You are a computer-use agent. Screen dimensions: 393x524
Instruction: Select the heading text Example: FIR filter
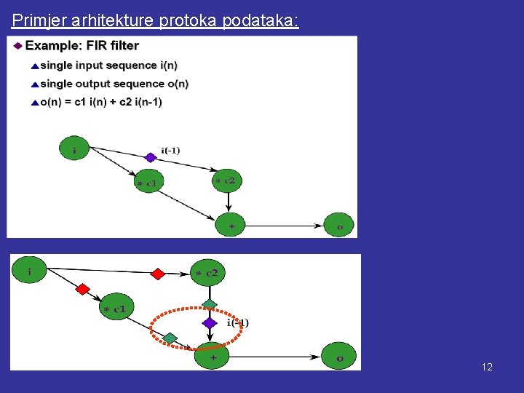82,45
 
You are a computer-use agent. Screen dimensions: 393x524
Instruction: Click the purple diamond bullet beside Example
17,45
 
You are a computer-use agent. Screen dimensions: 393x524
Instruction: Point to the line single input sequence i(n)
108,65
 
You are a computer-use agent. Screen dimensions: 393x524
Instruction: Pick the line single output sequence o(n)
114,84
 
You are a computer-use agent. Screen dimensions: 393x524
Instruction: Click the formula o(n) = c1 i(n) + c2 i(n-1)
101,102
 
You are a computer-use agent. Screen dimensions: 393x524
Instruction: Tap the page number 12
487,367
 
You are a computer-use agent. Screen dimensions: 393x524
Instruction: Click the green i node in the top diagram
74,149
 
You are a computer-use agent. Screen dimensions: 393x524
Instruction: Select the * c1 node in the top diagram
148,181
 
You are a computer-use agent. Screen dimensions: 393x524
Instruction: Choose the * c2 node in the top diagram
226,180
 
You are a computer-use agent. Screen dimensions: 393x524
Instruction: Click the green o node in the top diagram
338,226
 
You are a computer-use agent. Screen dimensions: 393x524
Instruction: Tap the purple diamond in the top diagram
150,157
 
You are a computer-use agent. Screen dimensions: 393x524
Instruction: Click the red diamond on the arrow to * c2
157,274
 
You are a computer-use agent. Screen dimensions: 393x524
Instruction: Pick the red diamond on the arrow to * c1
82,289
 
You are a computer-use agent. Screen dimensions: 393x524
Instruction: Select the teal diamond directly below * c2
210,303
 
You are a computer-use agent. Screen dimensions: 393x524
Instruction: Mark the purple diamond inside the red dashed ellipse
210,322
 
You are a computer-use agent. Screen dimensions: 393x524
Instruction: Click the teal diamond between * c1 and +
170,337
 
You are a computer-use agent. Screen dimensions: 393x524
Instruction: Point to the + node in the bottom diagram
213,357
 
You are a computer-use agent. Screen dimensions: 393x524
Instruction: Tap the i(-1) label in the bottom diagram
238,322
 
